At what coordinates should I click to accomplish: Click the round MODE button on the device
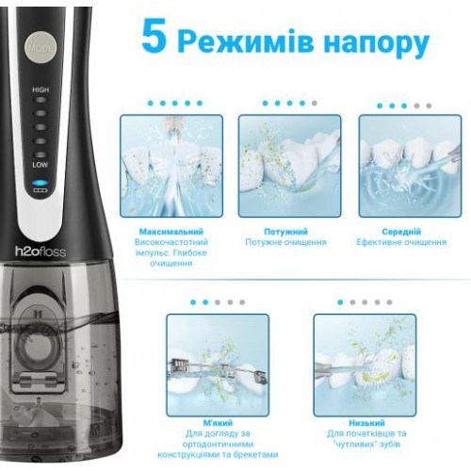(x=41, y=47)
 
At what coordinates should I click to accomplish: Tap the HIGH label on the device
(x=41, y=89)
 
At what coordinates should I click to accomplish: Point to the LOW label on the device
(x=41, y=165)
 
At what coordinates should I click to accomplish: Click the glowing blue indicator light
(x=41, y=183)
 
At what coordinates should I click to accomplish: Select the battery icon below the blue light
(x=41, y=190)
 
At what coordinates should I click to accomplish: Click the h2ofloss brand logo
(x=41, y=252)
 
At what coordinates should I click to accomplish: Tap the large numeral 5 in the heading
(x=154, y=36)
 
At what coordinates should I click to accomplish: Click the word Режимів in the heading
(x=246, y=41)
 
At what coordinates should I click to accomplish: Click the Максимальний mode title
(x=171, y=232)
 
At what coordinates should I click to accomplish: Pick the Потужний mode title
(x=285, y=232)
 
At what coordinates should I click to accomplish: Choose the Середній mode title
(x=401, y=232)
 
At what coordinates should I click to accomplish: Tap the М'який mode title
(x=218, y=423)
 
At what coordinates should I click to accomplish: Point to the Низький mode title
(x=366, y=423)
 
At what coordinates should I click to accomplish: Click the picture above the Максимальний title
(x=171, y=166)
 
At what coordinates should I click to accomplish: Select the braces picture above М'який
(x=218, y=365)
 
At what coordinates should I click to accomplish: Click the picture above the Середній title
(x=410, y=166)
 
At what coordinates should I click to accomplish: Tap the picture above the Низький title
(x=365, y=365)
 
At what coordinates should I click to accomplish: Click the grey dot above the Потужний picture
(x=315, y=103)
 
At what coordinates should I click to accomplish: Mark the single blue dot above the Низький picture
(x=340, y=302)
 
